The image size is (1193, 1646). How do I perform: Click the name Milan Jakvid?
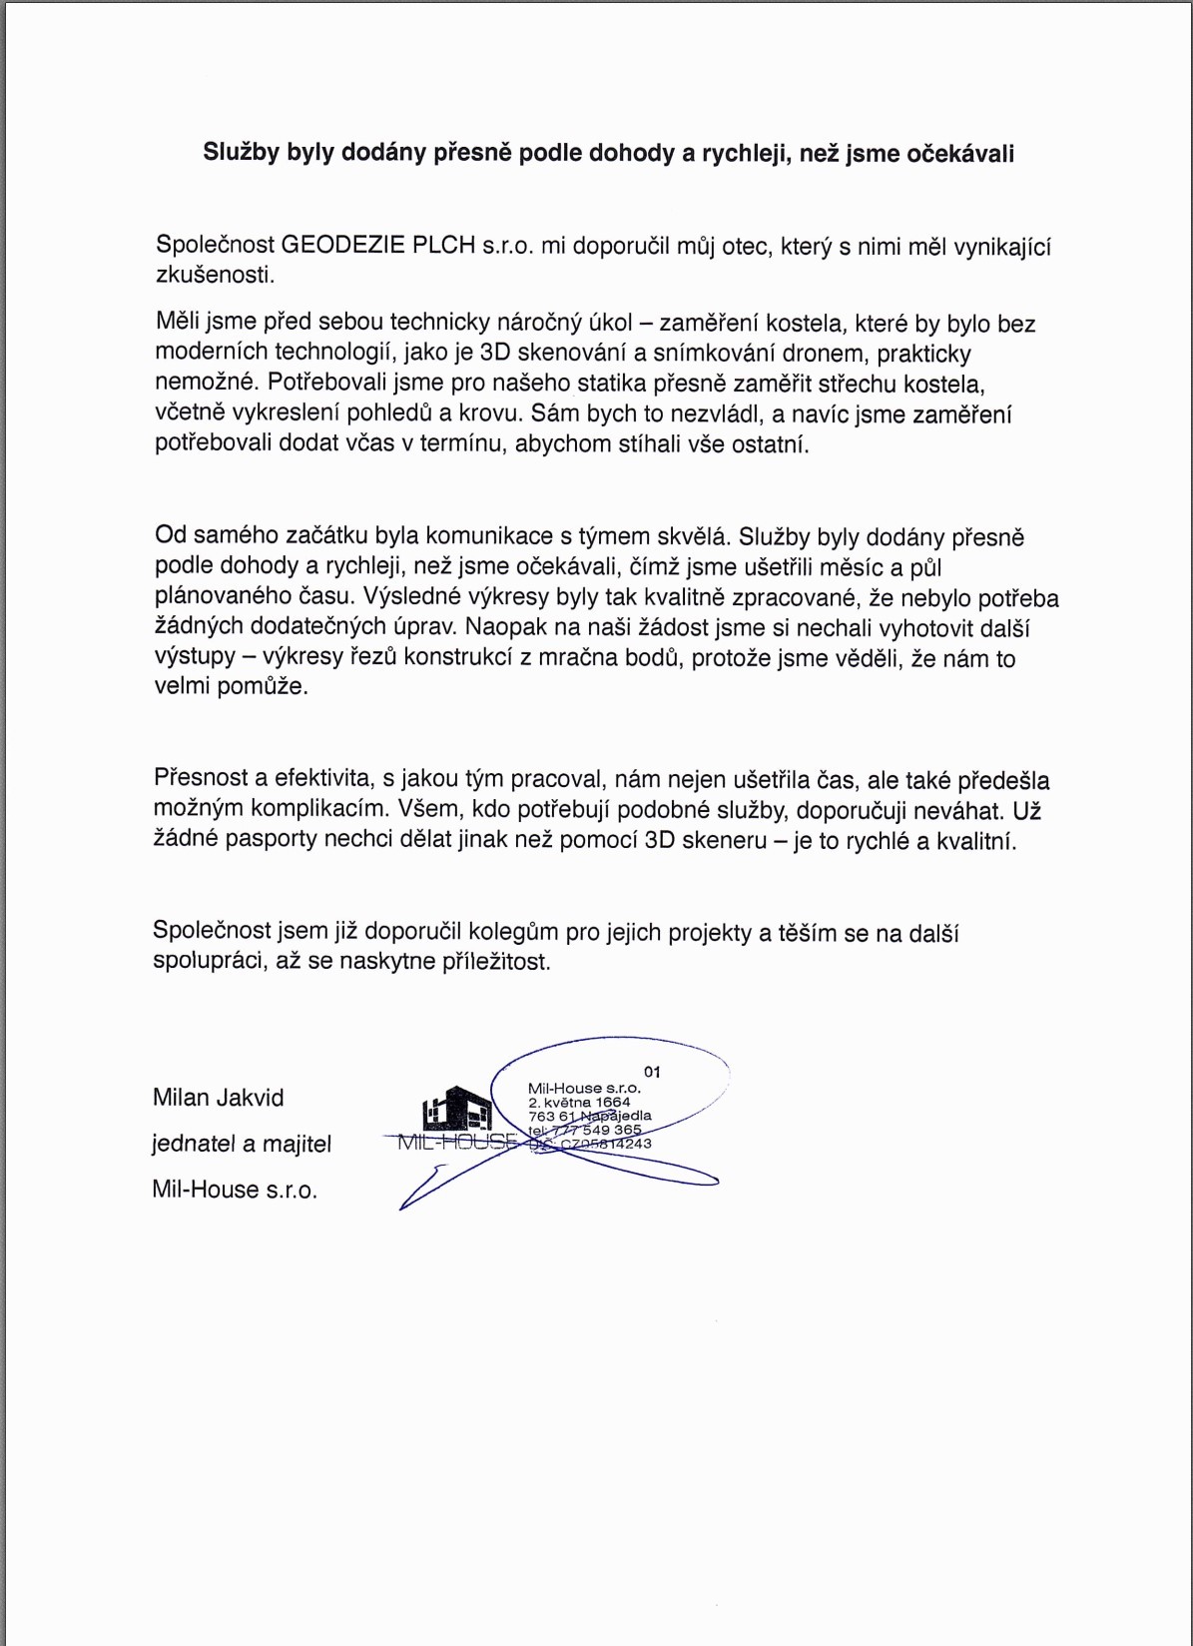pos(219,1098)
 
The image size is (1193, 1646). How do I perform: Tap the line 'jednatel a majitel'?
pos(242,1144)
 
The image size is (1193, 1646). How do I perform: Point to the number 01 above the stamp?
pos(652,1072)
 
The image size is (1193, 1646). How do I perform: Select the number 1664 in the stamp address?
pos(613,1103)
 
